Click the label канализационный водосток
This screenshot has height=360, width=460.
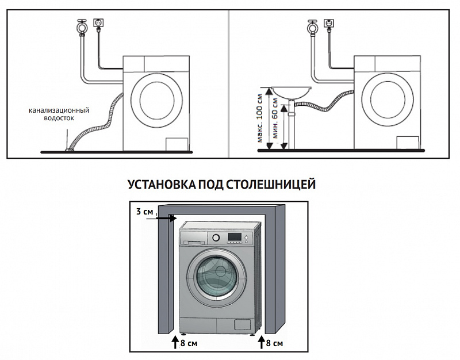pyautogui.click(x=59, y=114)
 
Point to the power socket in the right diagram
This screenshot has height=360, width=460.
pyautogui.click(x=328, y=23)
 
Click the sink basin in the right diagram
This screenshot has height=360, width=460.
pyautogui.click(x=291, y=93)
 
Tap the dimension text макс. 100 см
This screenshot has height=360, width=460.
pyautogui.click(x=260, y=118)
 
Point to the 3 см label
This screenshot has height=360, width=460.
pyautogui.click(x=145, y=212)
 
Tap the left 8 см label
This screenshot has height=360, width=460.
pyautogui.click(x=189, y=343)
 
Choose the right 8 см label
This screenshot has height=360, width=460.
pyautogui.click(x=275, y=343)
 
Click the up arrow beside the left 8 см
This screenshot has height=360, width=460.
pyautogui.click(x=175, y=342)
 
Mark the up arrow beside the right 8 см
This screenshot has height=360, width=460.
pyautogui.click(x=261, y=342)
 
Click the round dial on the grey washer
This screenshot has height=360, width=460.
pyautogui.click(x=216, y=238)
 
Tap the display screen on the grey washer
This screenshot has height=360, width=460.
pyautogui.click(x=235, y=236)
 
